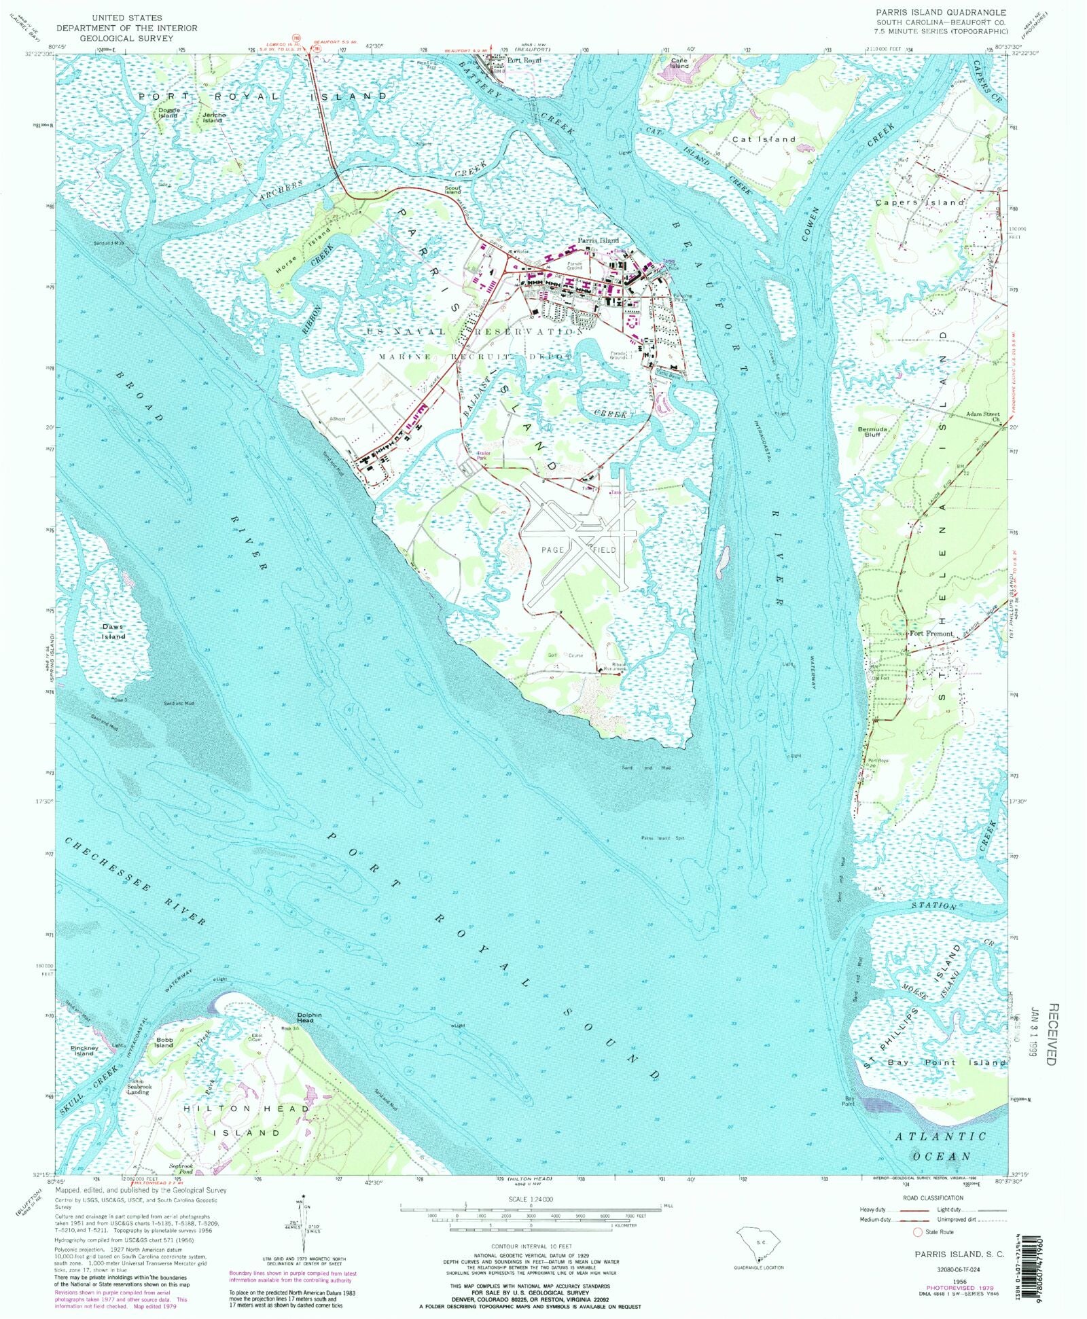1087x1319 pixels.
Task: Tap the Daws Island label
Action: [113, 632]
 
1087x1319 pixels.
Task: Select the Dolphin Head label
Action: [305, 1017]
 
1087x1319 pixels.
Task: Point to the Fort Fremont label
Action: [931, 634]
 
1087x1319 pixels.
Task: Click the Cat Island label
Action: [764, 139]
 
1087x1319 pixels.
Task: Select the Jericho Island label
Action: [212, 118]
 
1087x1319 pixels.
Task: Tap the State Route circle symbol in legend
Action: [917, 1231]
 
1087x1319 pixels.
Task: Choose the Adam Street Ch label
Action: [983, 417]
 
